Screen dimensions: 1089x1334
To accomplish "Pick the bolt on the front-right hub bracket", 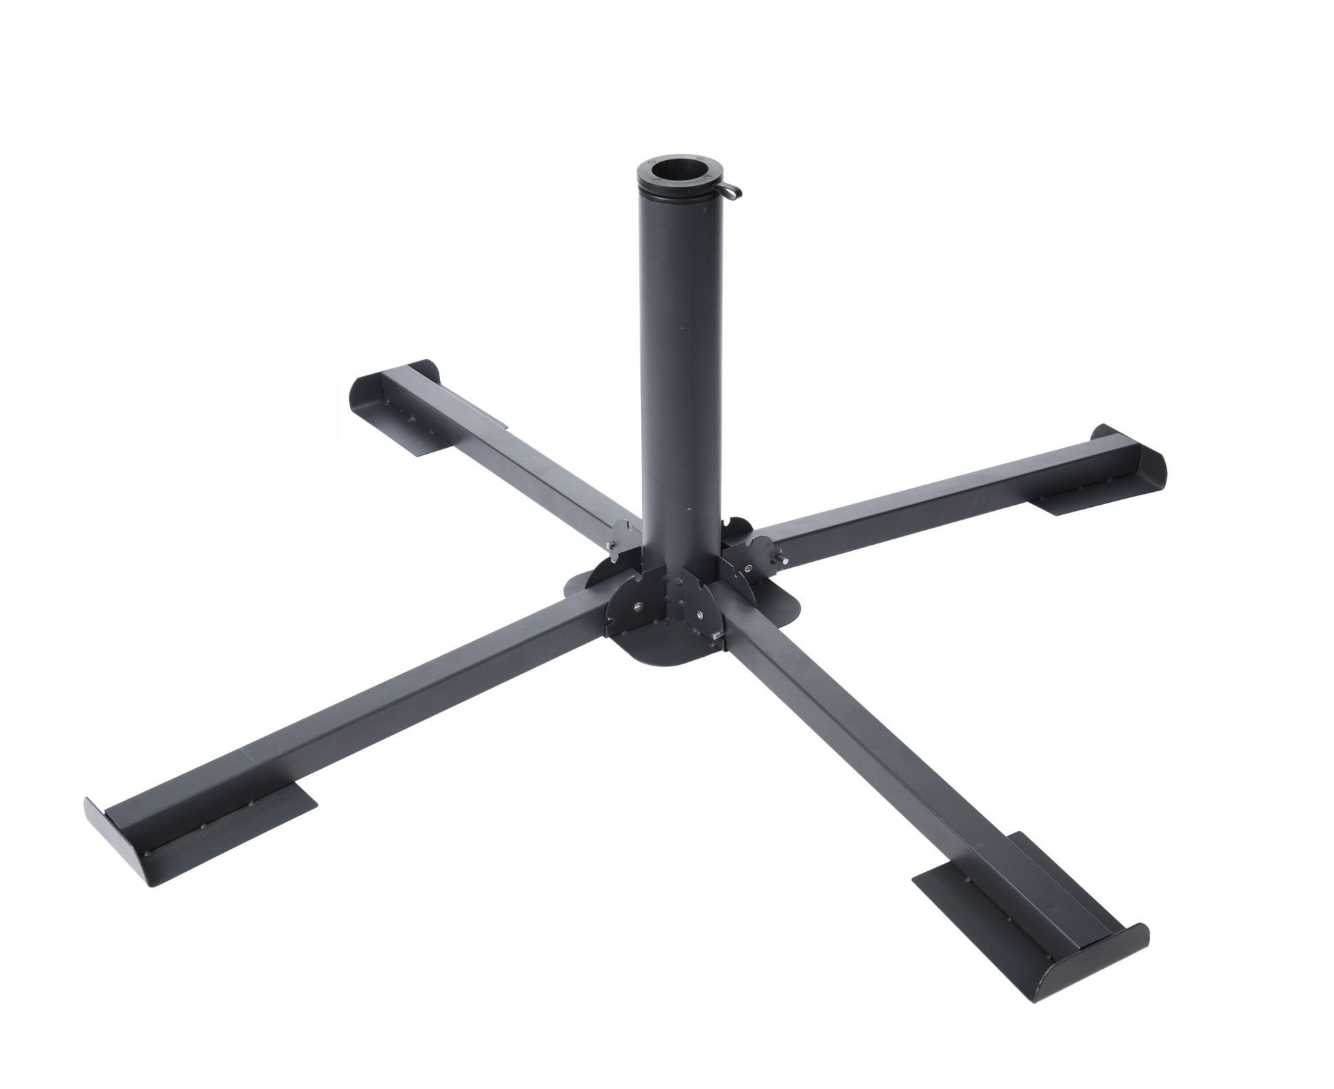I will click(x=699, y=614).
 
